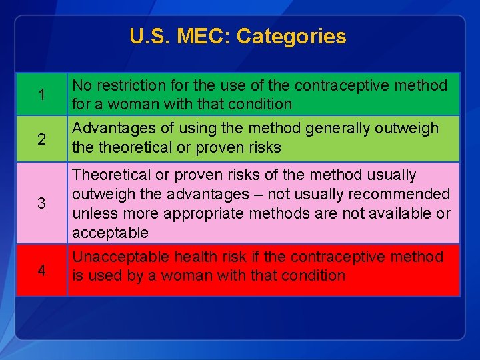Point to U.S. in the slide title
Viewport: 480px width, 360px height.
click(x=150, y=36)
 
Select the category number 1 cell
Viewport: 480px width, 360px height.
click(x=41, y=95)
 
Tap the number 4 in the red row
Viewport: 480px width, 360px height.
click(x=41, y=271)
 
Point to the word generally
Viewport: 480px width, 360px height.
click(x=325, y=128)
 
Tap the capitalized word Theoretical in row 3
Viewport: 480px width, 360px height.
click(x=111, y=175)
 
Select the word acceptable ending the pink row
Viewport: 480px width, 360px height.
click(x=110, y=233)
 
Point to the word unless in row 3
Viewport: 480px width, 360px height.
click(x=91, y=213)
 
